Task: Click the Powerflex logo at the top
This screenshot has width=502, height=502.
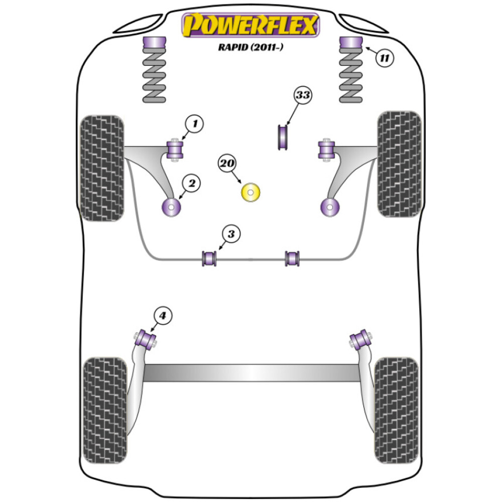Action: click(x=250, y=25)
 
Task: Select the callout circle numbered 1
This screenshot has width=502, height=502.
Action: click(x=195, y=123)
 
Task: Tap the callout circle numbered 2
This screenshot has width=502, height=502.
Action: click(x=191, y=184)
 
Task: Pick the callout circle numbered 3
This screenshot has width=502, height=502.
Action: click(x=230, y=234)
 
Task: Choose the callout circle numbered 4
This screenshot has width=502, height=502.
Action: click(x=162, y=316)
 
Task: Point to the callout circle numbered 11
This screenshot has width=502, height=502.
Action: click(x=384, y=58)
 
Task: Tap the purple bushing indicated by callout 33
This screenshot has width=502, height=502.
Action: click(x=283, y=137)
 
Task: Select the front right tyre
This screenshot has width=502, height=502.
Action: click(x=399, y=164)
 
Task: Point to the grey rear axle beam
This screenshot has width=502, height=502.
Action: click(x=251, y=372)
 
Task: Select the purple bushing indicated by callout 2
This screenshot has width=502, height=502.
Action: click(x=172, y=207)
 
